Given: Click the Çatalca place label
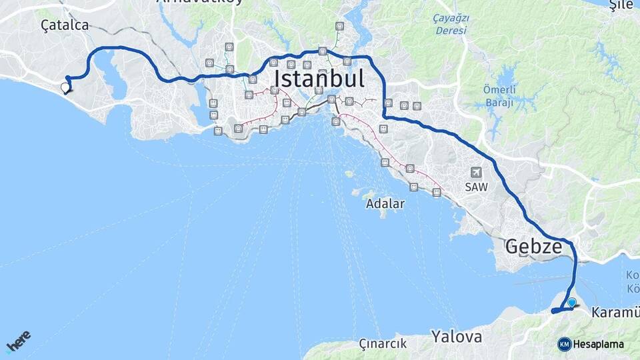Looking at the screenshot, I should click(64, 25).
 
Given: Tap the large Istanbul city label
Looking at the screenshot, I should click(319, 79).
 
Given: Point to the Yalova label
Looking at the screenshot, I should click(456, 336).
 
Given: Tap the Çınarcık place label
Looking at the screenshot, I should click(383, 344).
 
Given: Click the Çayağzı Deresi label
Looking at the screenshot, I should click(451, 24).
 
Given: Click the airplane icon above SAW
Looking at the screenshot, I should click(477, 173).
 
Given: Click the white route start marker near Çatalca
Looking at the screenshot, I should click(65, 87).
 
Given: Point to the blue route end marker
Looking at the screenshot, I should click(571, 303).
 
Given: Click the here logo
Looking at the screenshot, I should click(18, 341).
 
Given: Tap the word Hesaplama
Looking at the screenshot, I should click(599, 344).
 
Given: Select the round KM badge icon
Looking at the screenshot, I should click(565, 344).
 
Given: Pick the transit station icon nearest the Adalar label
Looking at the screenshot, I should click(413, 187).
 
